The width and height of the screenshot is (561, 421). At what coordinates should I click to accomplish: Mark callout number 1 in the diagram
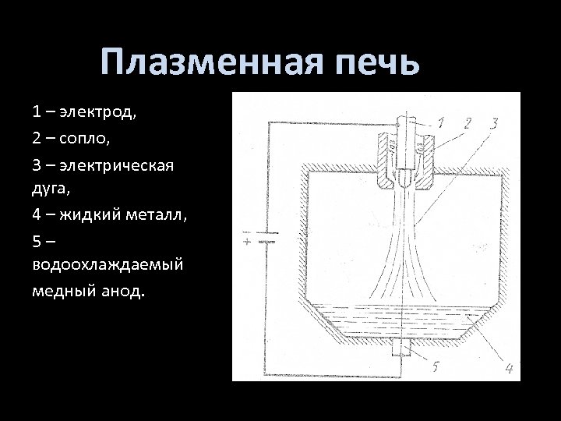[x=440, y=122]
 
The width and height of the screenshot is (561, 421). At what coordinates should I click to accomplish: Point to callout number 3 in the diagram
[x=494, y=122]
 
